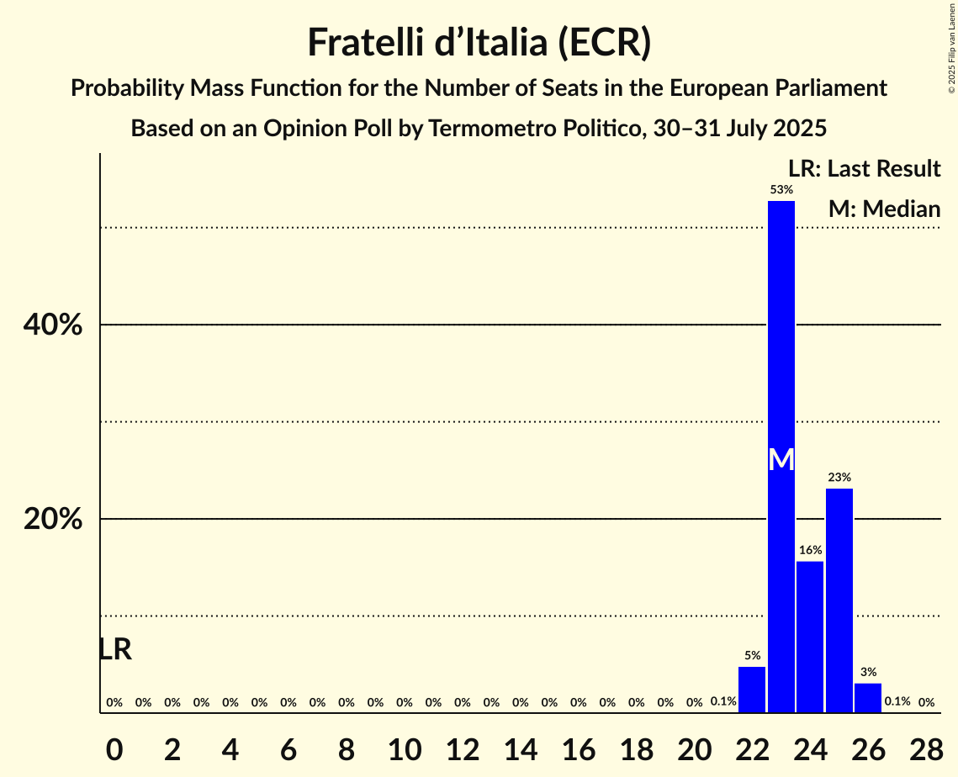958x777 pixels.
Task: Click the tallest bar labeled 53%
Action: pyautogui.click(x=781, y=336)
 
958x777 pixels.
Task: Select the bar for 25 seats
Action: pyautogui.click(x=839, y=600)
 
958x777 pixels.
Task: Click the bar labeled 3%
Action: pyautogui.click(x=868, y=698)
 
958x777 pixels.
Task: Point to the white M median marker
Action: pyautogui.click(x=781, y=459)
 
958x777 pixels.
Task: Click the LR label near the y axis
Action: pyautogui.click(x=115, y=649)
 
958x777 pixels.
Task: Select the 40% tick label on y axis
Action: pyautogui.click(x=53, y=325)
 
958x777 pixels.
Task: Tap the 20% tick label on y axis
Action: pyautogui.click(x=53, y=520)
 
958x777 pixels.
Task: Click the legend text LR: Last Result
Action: pyautogui.click(x=864, y=169)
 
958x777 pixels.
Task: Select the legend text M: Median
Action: pyautogui.click(x=883, y=209)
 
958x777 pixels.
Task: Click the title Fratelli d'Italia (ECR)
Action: pyautogui.click(x=479, y=42)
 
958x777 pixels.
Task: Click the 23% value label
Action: pyautogui.click(x=839, y=478)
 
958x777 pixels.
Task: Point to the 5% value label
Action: pyautogui.click(x=752, y=655)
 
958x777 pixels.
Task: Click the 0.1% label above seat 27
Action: pyautogui.click(x=897, y=701)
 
